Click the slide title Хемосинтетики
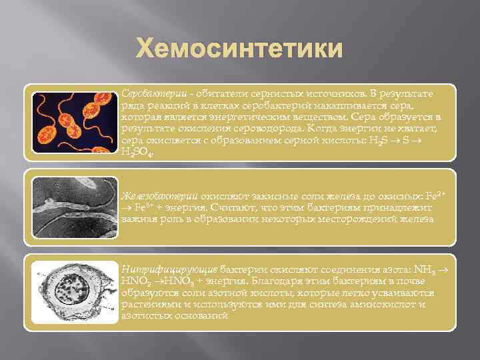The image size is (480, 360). pos(240,49)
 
